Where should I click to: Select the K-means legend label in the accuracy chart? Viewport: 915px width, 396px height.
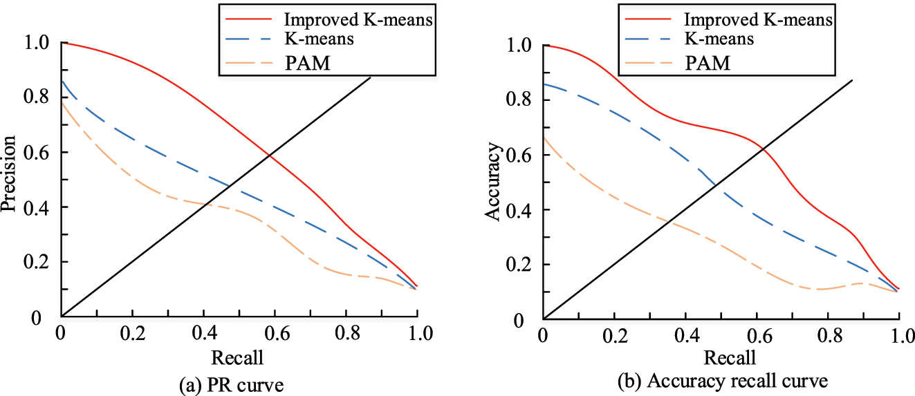tap(719, 39)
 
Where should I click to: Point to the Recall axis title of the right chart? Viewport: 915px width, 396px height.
tap(729, 358)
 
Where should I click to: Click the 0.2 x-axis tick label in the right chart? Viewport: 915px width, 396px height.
tap(614, 337)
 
